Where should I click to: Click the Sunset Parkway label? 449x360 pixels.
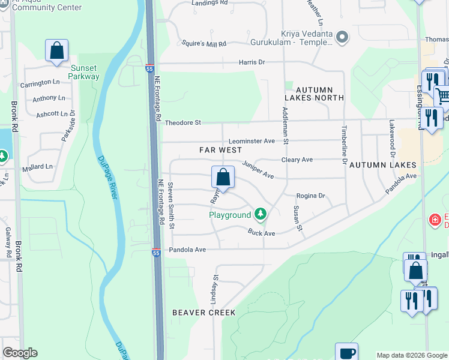pos(83,72)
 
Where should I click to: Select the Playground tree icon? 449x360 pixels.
pos(260,213)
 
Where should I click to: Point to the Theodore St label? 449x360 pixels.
pos(182,122)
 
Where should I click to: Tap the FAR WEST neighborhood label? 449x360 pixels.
pos(220,150)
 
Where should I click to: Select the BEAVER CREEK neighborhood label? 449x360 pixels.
pos(204,313)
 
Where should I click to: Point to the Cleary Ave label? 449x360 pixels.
pos(297,160)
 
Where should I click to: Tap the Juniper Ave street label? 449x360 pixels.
pos(258,170)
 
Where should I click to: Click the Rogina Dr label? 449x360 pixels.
pos(310,196)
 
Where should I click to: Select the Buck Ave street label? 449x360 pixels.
pos(262,232)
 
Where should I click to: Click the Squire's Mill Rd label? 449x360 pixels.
pos(204,44)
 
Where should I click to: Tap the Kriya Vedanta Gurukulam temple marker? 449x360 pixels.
pos(342,38)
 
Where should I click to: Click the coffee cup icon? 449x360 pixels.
pos(346,352)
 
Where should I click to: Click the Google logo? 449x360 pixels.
pos(20,353)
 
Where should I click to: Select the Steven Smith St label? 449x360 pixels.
pos(170,205)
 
